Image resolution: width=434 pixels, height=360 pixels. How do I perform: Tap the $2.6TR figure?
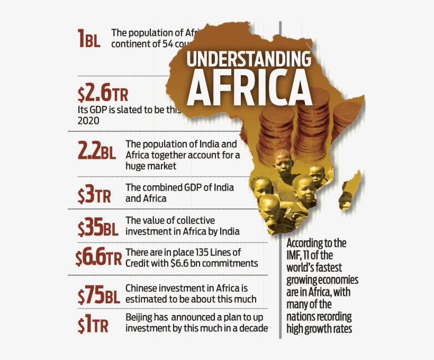[102, 94]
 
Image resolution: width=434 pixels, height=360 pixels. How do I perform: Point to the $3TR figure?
[94, 195]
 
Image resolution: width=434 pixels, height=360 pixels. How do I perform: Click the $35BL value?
[98, 228]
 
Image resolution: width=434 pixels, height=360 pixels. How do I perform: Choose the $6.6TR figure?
[98, 258]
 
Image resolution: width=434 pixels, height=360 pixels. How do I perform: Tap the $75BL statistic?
[98, 295]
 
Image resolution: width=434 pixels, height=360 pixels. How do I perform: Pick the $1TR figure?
[93, 325]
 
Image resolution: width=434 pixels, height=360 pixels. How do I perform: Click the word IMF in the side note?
[295, 256]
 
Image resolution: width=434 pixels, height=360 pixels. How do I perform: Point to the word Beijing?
[140, 317]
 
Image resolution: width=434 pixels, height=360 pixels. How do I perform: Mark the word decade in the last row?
[253, 328]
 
